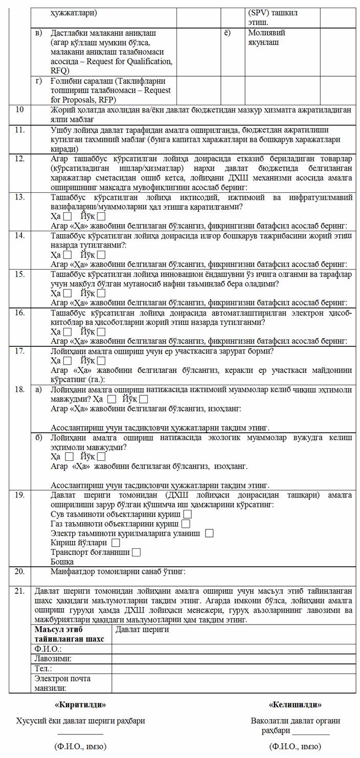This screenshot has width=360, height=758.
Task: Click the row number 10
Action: (x=19, y=109)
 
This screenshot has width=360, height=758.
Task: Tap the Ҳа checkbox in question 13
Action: (x=67, y=216)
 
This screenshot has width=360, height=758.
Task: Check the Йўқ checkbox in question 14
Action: (x=101, y=254)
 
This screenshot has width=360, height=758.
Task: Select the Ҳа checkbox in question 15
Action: (x=67, y=293)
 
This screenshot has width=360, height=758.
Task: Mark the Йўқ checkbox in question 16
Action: (x=101, y=332)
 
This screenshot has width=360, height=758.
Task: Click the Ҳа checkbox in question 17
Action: (x=67, y=361)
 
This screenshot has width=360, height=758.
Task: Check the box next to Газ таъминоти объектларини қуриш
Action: (x=186, y=523)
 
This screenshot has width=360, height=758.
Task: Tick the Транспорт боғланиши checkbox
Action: (x=136, y=552)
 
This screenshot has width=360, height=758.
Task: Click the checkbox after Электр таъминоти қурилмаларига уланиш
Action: (x=209, y=532)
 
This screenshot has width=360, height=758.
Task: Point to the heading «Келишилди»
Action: (x=295, y=704)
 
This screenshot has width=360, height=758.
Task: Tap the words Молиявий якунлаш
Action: (x=263, y=37)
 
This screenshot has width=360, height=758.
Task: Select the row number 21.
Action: (x=20, y=591)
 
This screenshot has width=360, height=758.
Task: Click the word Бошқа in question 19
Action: (x=62, y=562)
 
